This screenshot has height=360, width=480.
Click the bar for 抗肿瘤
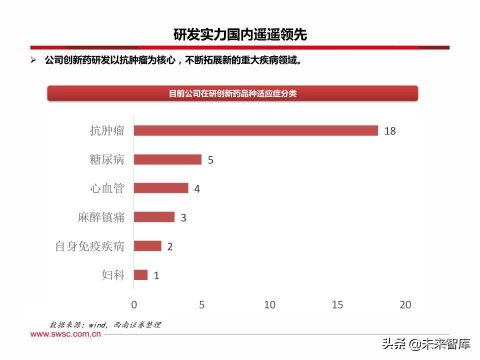(256, 130)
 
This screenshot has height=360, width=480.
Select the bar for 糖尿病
(168, 159)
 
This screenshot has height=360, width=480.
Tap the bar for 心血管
(161, 188)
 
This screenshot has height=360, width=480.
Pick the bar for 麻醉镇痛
(154, 217)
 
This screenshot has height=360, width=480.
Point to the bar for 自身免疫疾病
(147, 246)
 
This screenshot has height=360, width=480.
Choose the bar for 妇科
(141, 275)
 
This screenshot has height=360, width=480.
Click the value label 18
(390, 131)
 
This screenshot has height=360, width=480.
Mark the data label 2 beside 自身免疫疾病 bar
(170, 246)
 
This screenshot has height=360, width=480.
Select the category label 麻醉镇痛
(101, 217)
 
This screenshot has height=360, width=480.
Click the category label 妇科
(113, 275)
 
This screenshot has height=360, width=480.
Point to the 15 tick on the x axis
(337, 304)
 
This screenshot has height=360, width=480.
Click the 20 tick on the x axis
(405, 304)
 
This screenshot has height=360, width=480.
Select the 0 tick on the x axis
(134, 304)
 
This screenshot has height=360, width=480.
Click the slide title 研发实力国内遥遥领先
(240, 34)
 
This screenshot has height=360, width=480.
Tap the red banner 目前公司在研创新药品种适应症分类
(232, 93)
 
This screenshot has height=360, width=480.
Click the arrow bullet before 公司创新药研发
(34, 60)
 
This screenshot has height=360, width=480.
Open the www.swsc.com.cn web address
(65, 334)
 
